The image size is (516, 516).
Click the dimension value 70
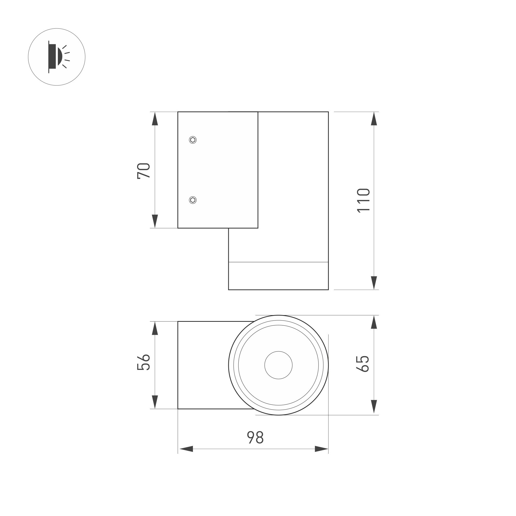coord(144,170)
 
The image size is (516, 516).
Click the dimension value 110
coord(363,200)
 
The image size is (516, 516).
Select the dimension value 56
coord(144,362)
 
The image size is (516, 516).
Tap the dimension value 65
coord(363,364)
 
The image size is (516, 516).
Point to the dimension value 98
coord(255,437)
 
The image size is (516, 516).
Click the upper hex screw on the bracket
coord(193,140)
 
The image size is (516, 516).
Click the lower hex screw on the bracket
coord(193,200)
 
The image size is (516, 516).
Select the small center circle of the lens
coord(278,365)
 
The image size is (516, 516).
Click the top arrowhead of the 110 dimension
coord(374,119)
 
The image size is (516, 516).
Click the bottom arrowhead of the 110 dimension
coord(374,283)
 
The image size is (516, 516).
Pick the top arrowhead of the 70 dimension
coord(155,119)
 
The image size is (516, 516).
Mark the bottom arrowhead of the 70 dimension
coord(155,221)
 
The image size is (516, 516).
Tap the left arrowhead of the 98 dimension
coord(186,449)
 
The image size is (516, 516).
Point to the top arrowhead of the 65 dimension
coord(374,322)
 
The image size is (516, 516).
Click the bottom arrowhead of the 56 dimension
coord(155,402)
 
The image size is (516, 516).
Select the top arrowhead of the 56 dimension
coord(155,328)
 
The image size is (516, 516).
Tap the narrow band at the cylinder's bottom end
coord(278,276)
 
